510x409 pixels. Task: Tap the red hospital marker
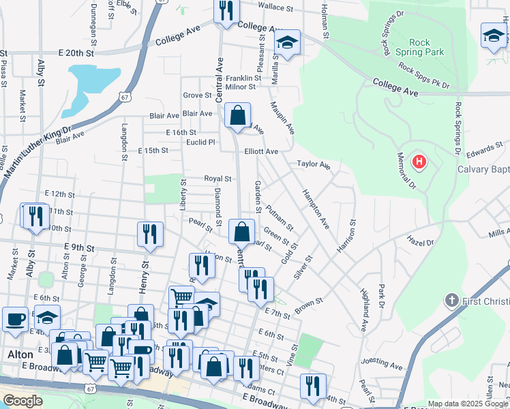(419, 162)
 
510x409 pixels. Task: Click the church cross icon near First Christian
(450, 300)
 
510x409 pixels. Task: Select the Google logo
(22, 401)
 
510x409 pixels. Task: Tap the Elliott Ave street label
(261, 151)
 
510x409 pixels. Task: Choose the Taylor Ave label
(313, 164)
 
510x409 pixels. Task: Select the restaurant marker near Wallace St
(226, 11)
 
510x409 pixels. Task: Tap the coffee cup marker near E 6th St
(14, 319)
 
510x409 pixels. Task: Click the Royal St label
(218, 179)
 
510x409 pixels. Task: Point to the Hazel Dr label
(420, 242)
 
